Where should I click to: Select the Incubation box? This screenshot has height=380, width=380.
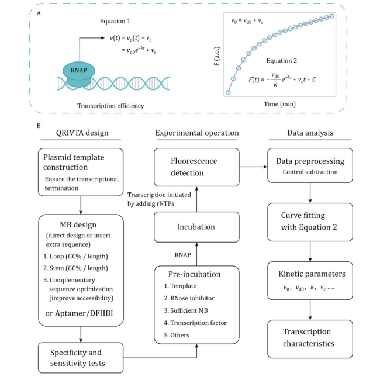point(197,227)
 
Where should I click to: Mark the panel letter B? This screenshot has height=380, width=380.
point(38,125)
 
